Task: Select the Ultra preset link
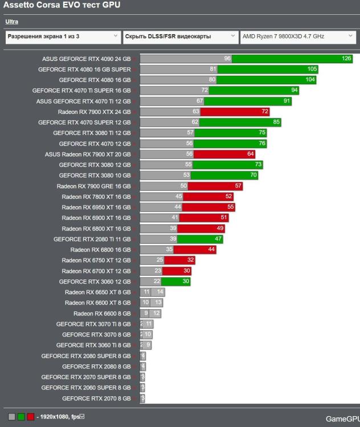pos(12,22)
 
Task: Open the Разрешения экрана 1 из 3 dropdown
pos(63,36)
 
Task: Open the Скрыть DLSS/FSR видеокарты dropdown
pos(181,36)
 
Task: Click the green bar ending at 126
pos(292,59)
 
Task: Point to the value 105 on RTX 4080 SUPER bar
pos(312,69)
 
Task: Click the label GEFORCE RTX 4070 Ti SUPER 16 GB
pos(81,91)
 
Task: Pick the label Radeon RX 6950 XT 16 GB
pos(96,207)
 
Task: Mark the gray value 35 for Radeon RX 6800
pos(169,249)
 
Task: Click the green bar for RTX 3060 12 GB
pos(176,281)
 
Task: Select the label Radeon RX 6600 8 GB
pos(102,314)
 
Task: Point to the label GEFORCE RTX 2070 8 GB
pos(96,399)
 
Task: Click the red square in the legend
pos(30,417)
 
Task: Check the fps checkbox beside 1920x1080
pos(82,417)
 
